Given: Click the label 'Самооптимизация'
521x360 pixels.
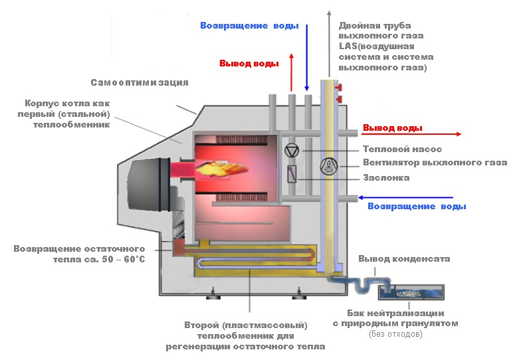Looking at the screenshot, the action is pos(140,82).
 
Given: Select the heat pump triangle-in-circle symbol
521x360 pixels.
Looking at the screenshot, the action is pos(292,151).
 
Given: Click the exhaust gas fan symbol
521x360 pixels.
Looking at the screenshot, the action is pos(329,166).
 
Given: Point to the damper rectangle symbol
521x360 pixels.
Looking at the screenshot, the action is pos(292,174).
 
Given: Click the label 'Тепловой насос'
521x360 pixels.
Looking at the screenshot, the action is pos(402,149).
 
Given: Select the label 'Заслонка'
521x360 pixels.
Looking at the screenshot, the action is pos(386,178).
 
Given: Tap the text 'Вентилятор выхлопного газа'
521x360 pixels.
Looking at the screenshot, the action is pos(435,163).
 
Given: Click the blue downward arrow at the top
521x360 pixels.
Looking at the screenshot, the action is pos(307,57).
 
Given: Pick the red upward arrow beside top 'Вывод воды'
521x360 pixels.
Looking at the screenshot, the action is pos(291,72).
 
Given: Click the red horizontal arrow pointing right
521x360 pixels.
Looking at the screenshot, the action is pos(411,134).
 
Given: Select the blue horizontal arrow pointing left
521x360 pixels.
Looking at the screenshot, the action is pos(405,198).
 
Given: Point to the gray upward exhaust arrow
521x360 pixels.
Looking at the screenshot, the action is pos(329,44).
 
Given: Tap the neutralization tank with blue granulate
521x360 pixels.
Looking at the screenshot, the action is pos(411,292).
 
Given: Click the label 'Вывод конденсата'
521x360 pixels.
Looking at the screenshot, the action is pos(404,259).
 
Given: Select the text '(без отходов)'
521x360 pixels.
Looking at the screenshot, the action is pos(395,333).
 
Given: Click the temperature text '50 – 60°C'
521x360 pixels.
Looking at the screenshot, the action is pos(124,259).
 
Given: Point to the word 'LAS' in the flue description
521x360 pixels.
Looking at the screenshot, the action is pos(348,46).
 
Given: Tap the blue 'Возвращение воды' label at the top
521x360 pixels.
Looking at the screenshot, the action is pos(249,25).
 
